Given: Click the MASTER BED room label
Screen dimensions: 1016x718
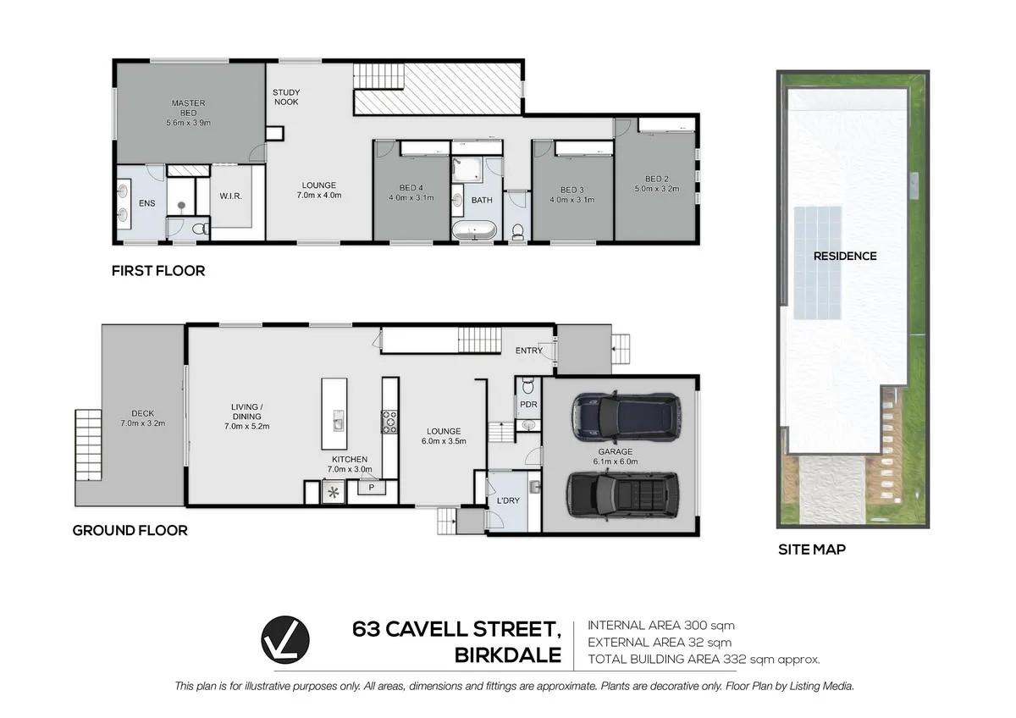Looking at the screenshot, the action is [x=188, y=108].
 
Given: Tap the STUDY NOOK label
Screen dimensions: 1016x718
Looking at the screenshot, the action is [x=286, y=97].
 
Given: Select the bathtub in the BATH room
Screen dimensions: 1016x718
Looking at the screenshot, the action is [x=474, y=230].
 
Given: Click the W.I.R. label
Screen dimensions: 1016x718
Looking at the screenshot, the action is [x=231, y=196].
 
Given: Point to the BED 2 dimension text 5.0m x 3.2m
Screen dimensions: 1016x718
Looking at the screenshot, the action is [x=657, y=189].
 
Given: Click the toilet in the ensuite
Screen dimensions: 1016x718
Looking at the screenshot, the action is [x=200, y=229].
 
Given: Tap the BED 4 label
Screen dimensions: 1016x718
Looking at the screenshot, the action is [x=411, y=188].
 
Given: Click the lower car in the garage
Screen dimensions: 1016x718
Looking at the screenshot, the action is [x=623, y=495].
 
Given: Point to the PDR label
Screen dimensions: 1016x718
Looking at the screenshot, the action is [x=528, y=404].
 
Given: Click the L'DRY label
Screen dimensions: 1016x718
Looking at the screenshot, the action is [x=508, y=500].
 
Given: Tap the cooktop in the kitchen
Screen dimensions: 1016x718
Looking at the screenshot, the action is [x=389, y=422].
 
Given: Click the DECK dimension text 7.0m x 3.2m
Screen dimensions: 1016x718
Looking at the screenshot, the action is [x=143, y=423].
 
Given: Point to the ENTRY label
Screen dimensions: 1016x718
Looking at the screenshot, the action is [x=529, y=351].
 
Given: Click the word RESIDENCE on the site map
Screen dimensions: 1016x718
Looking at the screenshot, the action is [x=845, y=257].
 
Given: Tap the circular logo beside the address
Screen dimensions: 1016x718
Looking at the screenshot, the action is [x=285, y=639].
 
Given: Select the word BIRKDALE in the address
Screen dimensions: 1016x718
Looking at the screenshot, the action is [x=508, y=655].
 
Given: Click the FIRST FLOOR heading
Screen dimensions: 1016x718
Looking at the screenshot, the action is [x=158, y=271].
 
